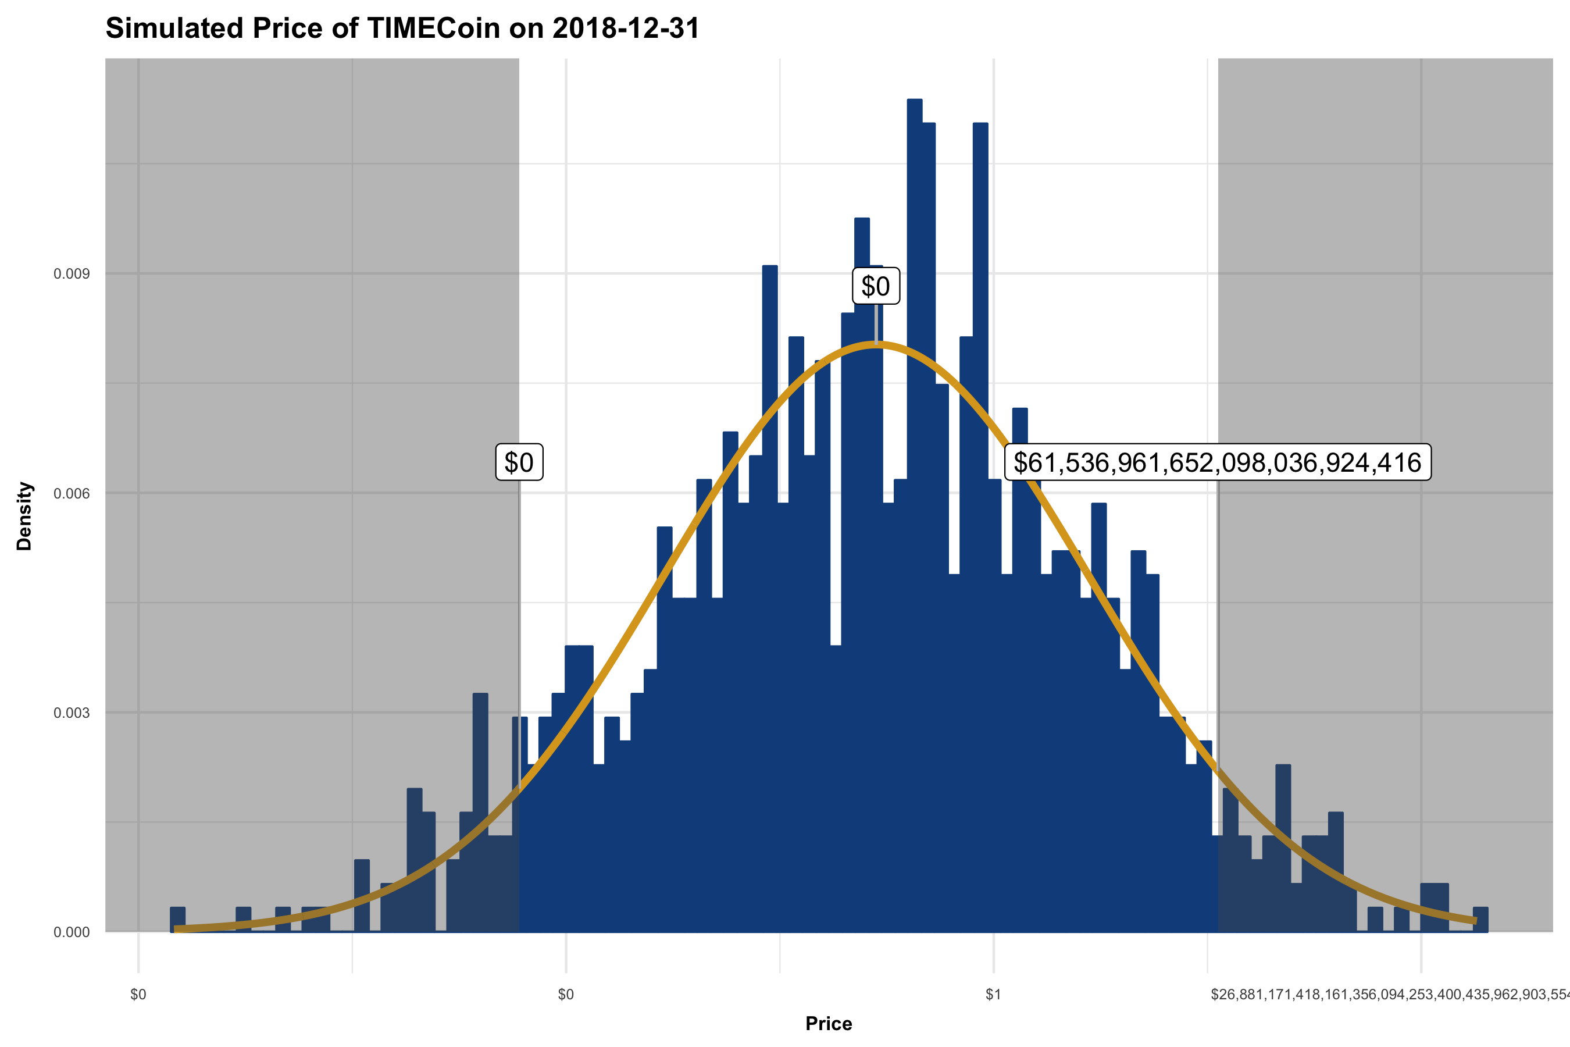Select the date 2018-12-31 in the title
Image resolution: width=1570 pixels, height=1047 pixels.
pos(626,29)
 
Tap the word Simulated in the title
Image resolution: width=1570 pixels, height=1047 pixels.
pos(174,29)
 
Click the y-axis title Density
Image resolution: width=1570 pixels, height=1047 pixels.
pos(24,516)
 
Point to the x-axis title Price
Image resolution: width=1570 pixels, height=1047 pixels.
pos(829,1024)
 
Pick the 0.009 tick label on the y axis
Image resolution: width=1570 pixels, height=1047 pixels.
pos(72,274)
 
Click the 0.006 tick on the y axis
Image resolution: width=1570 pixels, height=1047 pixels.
pos(72,493)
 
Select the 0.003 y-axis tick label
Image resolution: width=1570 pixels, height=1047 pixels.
pos(72,713)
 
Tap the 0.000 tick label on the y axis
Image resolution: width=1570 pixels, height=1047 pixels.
pos(72,932)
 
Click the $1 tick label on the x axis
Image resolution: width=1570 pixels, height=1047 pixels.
pos(993,995)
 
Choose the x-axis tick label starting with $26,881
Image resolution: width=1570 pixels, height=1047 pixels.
pos(1389,995)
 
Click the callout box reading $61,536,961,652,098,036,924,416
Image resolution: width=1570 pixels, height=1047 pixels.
pos(1218,462)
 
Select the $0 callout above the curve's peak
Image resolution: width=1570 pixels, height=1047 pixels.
pos(875,286)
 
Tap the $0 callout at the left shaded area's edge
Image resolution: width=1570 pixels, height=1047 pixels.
pos(519,462)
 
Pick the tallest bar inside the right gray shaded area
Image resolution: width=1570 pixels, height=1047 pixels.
pos(1282,848)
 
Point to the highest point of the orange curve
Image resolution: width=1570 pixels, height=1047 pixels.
pos(876,344)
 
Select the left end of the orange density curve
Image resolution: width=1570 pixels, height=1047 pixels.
pos(176,929)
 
